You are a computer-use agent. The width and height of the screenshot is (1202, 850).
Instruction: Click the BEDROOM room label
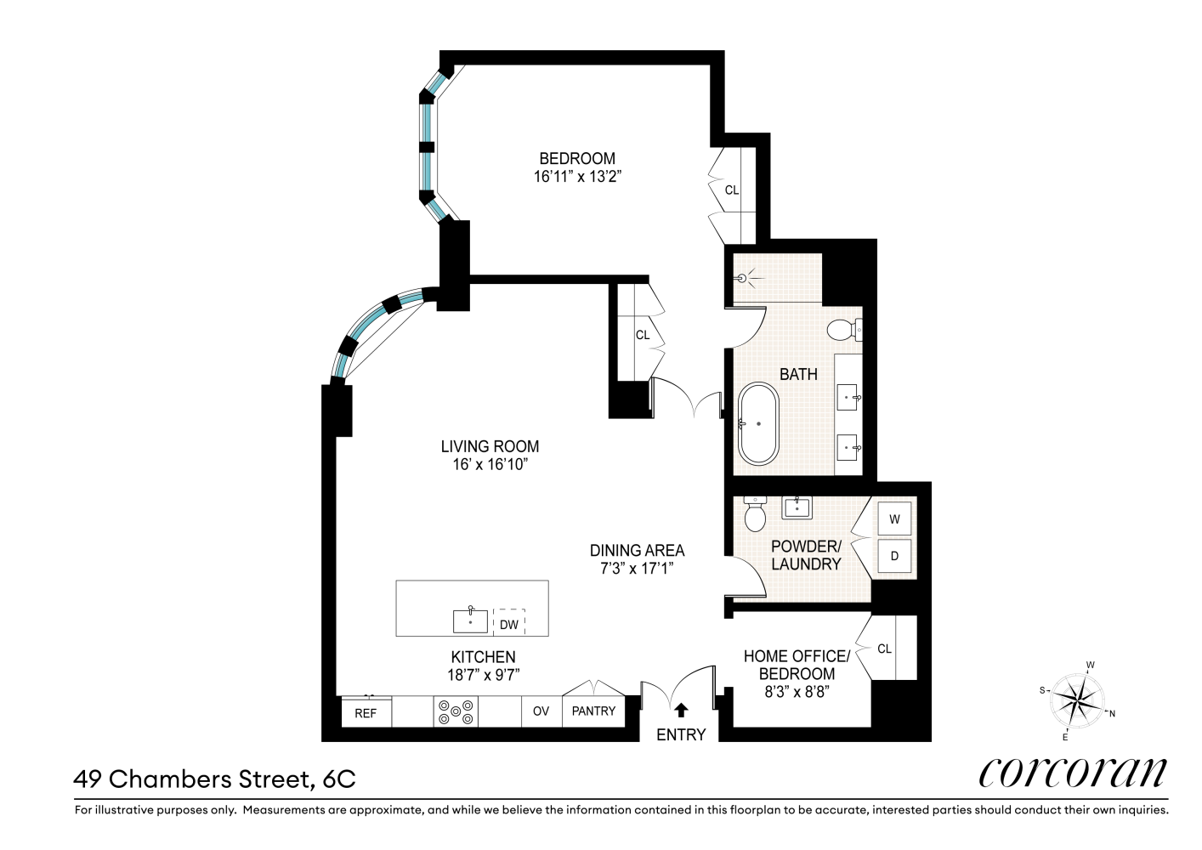click(577, 158)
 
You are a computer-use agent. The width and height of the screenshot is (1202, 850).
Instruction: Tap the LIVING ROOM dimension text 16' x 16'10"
click(490, 464)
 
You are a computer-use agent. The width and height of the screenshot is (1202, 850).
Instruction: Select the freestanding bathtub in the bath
click(758, 424)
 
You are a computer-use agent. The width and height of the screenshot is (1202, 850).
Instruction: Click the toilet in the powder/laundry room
click(755, 513)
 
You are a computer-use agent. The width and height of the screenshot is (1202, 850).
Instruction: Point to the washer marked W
click(894, 518)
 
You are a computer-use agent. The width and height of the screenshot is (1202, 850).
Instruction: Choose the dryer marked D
click(894, 556)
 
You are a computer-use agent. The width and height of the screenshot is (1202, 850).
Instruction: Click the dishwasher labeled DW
click(508, 624)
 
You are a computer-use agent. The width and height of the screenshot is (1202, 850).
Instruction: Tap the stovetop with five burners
click(456, 711)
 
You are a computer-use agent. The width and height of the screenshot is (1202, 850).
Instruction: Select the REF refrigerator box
click(366, 711)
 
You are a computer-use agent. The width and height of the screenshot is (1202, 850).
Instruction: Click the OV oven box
click(541, 711)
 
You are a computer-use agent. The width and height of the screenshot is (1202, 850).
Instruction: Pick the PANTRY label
click(593, 711)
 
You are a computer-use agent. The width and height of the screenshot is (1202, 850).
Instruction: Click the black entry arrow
click(681, 710)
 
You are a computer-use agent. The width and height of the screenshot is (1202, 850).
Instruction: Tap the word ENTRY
click(681, 734)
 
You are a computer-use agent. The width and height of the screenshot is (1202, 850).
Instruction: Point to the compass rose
click(1078, 700)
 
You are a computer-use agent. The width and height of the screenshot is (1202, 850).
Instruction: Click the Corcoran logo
click(1073, 773)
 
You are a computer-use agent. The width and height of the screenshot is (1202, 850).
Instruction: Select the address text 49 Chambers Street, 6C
click(214, 779)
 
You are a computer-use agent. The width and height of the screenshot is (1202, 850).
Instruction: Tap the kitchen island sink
click(471, 620)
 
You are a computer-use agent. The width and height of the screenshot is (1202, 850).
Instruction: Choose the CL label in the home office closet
click(884, 649)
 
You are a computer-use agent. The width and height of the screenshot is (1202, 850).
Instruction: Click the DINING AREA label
click(637, 551)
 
